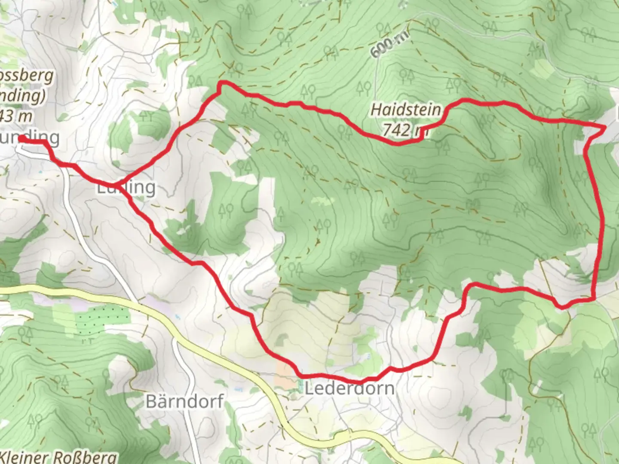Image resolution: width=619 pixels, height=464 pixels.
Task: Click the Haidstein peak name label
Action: tap(406, 110)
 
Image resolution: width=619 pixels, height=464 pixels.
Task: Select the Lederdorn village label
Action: tap(349, 389)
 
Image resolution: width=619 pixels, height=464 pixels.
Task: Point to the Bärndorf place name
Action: tap(185, 402)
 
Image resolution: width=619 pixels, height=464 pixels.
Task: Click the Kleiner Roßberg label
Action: tap(58, 456)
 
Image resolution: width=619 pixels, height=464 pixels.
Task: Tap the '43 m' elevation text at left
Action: tap(17, 116)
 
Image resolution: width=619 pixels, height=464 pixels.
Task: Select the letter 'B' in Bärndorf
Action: tap(151, 402)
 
